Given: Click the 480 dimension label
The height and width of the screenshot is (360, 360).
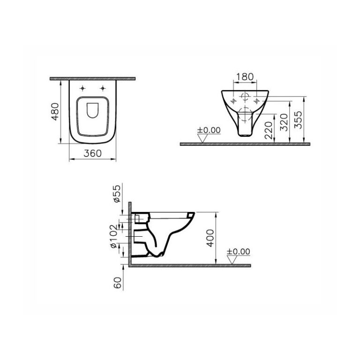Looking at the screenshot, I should (55, 111).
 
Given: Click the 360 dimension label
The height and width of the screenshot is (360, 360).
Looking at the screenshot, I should (92, 153).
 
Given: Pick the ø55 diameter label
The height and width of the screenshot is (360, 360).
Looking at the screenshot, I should (118, 194).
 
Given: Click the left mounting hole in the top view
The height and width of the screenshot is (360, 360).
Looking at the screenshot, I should (83, 89).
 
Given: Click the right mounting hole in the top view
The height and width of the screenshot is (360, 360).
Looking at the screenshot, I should (102, 89).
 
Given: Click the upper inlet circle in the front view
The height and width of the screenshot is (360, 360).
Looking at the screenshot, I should (245, 97).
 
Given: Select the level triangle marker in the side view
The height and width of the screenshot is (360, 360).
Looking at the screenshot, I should (232, 260).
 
